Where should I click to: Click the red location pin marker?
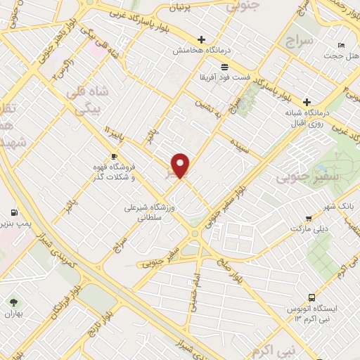coord(181,165)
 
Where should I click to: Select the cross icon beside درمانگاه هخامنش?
coord(202,39)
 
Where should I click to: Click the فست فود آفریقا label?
coord(224,77)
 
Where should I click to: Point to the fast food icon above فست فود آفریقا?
coord(224,66)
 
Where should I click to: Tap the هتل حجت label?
coord(341,56)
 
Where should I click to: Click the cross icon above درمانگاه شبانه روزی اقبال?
coord(307,101)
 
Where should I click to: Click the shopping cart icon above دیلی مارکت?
coord(309,218)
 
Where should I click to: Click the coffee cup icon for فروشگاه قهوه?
coord(114,156)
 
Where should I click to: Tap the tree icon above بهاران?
coord(13,303)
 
